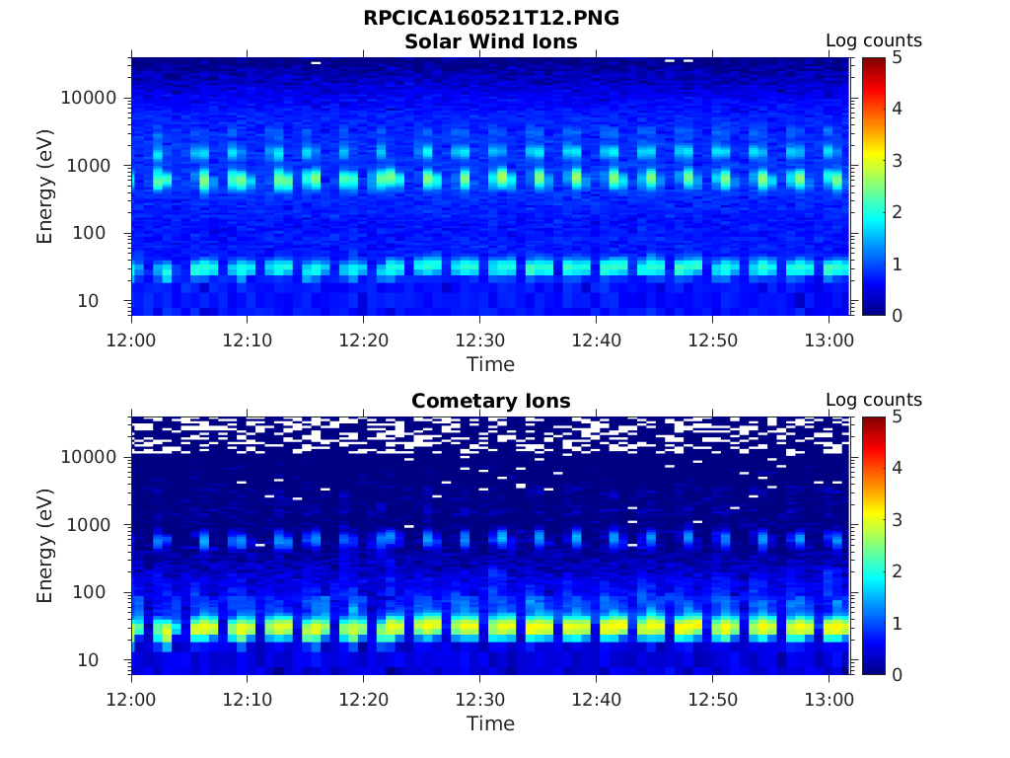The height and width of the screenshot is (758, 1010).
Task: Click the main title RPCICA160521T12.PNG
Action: [490, 19]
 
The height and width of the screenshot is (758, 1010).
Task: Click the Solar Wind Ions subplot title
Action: [490, 41]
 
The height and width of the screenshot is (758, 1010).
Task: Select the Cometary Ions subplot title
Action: [490, 401]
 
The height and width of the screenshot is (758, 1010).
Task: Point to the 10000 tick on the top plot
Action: [89, 98]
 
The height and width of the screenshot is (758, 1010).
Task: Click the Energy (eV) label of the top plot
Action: [45, 186]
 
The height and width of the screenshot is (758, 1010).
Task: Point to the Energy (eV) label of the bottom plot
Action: [45, 545]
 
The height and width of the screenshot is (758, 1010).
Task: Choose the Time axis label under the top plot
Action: [490, 364]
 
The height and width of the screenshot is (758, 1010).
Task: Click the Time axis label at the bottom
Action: [490, 723]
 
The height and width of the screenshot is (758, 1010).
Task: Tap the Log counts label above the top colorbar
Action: [873, 40]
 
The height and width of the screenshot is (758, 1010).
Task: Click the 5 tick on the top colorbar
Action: [896, 57]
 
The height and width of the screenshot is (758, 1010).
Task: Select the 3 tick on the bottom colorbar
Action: [896, 519]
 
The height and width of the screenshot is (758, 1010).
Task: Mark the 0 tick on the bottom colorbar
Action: [896, 674]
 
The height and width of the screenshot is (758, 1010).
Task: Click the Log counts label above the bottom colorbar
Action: [873, 400]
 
